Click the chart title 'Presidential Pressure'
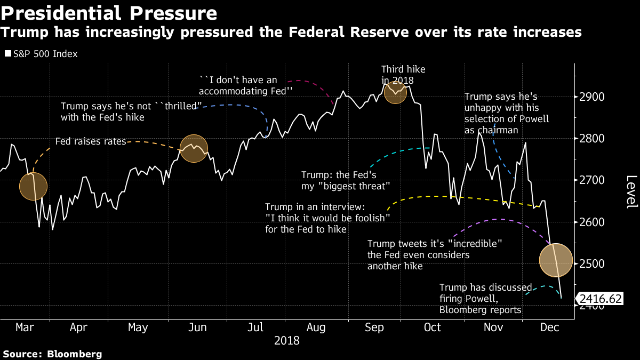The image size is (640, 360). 109,12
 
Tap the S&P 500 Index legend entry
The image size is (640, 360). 41,54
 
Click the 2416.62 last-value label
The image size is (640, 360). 601,299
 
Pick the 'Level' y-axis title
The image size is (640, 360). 631,191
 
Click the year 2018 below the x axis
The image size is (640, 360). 286,340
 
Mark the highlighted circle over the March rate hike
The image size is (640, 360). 33,186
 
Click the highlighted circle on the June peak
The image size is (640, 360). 194,148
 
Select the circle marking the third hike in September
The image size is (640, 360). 395,92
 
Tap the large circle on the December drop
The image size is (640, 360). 556,260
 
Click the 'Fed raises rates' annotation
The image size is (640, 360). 91,142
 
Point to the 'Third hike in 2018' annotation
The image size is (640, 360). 403,75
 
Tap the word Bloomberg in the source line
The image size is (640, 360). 75,354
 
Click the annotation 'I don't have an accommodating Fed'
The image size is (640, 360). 246,85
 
